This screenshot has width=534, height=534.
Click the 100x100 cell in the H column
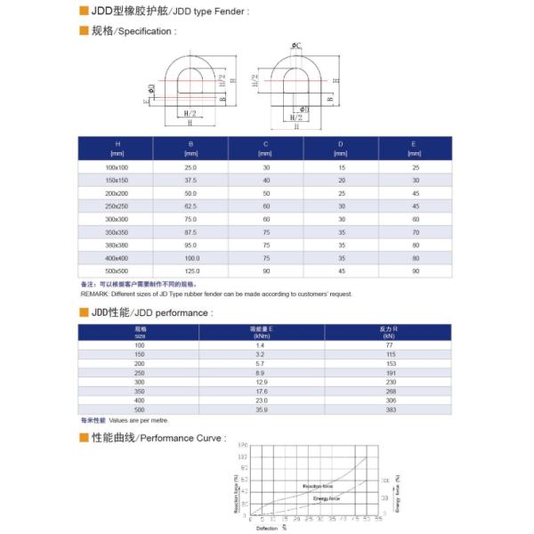point(117,167)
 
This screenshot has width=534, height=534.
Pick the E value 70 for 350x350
point(414,231)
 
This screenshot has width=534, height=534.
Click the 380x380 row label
point(117,244)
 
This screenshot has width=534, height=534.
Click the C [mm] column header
point(265,148)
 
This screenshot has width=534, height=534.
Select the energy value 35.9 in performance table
point(262,410)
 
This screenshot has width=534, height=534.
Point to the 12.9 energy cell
point(262,382)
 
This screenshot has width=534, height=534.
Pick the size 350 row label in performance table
point(140,392)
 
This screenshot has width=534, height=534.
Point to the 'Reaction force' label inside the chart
point(317,487)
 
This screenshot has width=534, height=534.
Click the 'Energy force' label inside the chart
point(326,498)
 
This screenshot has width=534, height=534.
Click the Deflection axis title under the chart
point(267,528)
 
